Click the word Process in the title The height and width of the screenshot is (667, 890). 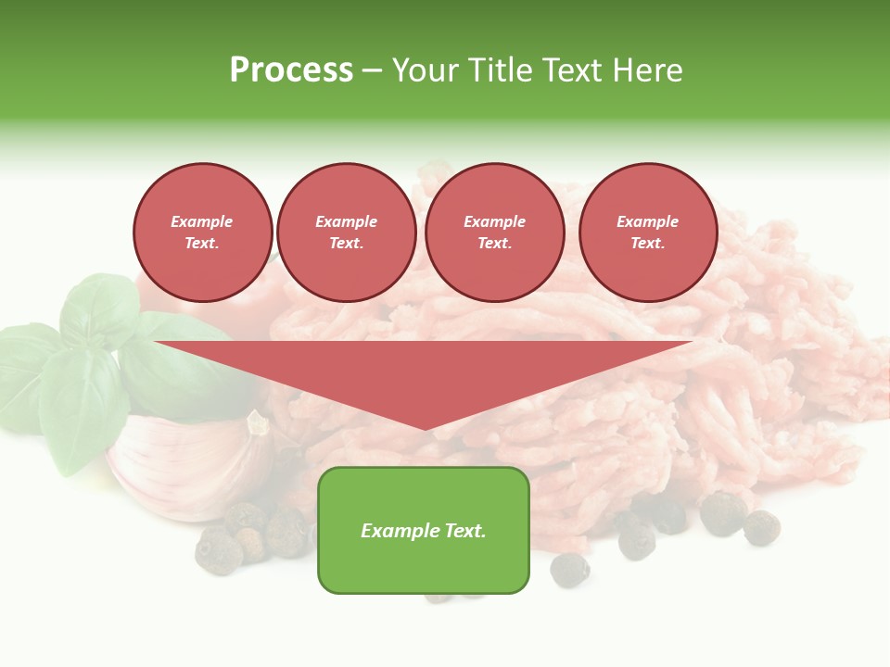click(291, 70)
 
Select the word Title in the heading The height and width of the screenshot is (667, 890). click(505, 70)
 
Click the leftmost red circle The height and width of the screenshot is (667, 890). click(203, 233)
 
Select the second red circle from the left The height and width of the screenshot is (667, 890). click(347, 233)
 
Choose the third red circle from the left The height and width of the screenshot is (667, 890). click(495, 233)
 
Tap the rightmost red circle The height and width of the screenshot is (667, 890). click(648, 233)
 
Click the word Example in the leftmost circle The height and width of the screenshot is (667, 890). click(202, 222)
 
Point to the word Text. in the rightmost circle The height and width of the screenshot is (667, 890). click(648, 244)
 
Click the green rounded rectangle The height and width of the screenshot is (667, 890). click(424, 565)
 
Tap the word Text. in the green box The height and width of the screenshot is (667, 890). click(465, 531)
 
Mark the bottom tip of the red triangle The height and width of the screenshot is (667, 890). click(425, 428)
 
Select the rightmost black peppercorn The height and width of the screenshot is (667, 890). click(762, 527)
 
